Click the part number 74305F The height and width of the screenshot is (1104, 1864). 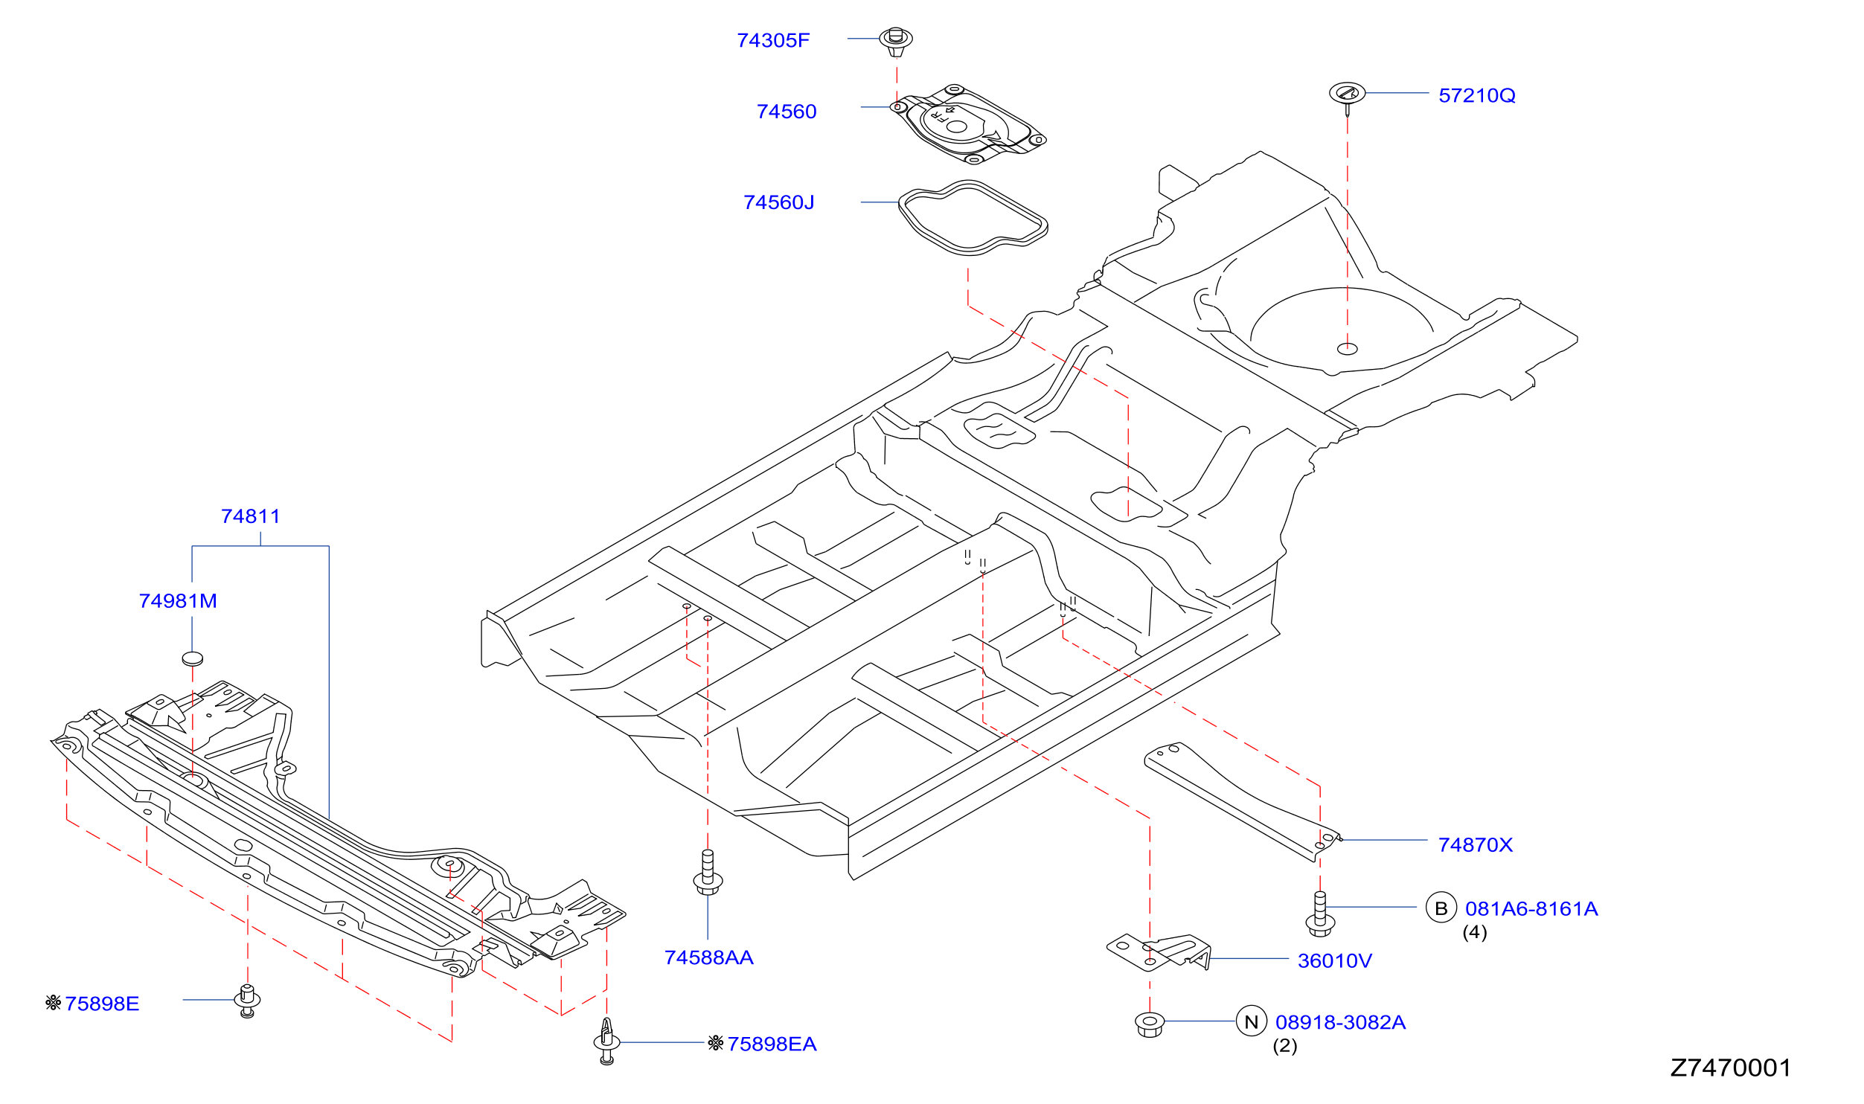[x=773, y=40]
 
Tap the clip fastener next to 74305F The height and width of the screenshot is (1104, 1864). [x=896, y=41]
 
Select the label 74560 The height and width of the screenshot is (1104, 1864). [x=787, y=112]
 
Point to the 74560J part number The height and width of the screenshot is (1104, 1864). [x=779, y=202]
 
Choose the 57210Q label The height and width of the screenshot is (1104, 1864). [x=1477, y=95]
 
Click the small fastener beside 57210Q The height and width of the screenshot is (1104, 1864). [x=1347, y=97]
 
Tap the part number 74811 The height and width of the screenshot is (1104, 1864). [x=251, y=516]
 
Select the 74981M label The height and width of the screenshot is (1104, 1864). [x=178, y=601]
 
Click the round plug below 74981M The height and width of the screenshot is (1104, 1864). [x=193, y=658]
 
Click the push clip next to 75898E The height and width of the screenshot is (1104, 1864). [x=247, y=1001]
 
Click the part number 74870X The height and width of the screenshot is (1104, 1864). [x=1476, y=845]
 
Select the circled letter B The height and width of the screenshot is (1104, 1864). [x=1441, y=908]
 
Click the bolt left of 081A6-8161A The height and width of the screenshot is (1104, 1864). [x=1320, y=914]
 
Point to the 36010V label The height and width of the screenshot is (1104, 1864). [x=1335, y=961]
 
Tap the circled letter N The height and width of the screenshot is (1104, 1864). [x=1252, y=1021]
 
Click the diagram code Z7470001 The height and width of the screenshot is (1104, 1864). [x=1731, y=1068]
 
